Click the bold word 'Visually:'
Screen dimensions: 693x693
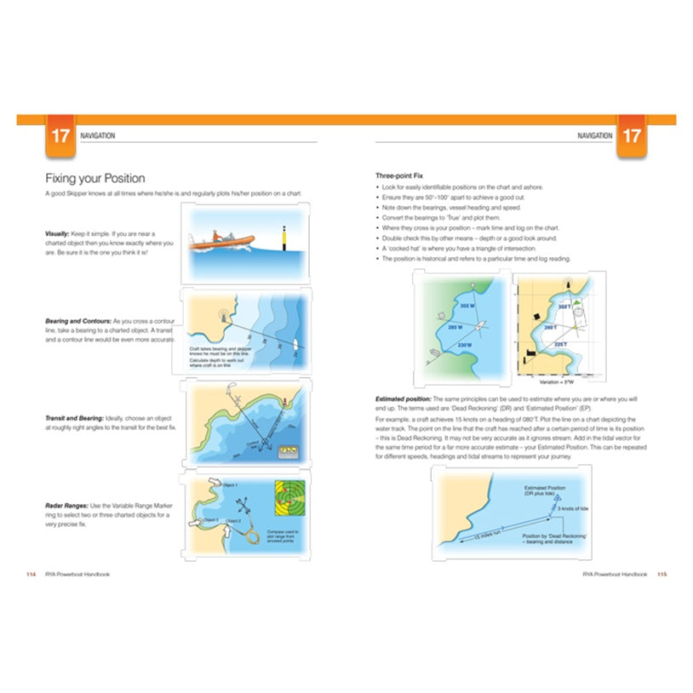(59, 233)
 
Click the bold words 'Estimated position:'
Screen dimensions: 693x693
(404, 399)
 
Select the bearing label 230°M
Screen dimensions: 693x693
(465, 345)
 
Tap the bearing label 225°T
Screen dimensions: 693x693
(560, 345)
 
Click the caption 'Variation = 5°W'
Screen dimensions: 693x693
(560, 382)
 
